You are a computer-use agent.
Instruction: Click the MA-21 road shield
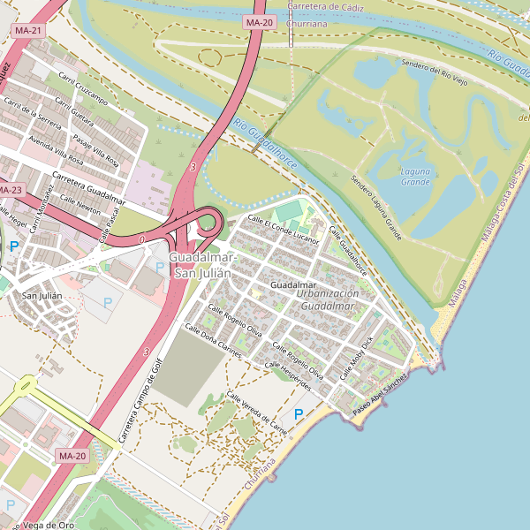pyautogui.click(x=27, y=31)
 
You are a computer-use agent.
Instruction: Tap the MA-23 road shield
pyautogui.click(x=10, y=190)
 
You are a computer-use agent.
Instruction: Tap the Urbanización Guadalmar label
pyautogui.click(x=329, y=299)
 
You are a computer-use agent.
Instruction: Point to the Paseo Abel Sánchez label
pyautogui.click(x=380, y=395)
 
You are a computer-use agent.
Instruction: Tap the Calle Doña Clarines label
pyautogui.click(x=212, y=340)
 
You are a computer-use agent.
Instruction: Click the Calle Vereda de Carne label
pyautogui.click(x=257, y=413)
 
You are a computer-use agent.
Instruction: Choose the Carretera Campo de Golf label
pyautogui.click(x=137, y=401)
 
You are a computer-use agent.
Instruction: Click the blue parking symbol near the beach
pyautogui.click(x=299, y=414)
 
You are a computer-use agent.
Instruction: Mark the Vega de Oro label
pyautogui.click(x=49, y=525)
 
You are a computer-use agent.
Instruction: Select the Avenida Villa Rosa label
pyautogui.click(x=56, y=151)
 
